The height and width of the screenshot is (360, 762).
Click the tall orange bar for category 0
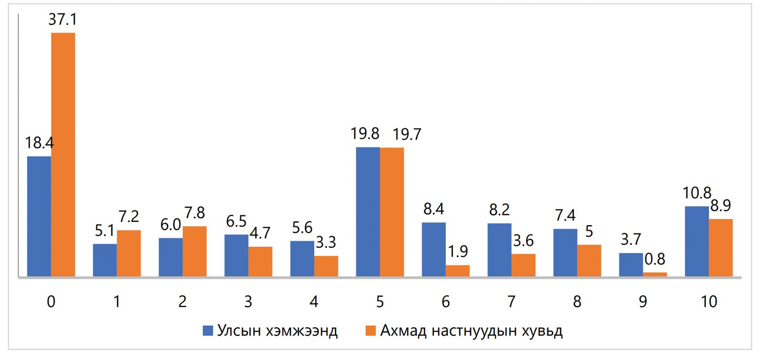(x=63, y=155)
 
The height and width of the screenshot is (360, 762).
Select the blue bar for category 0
(x=39, y=217)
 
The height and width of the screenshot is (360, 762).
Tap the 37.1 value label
(x=62, y=20)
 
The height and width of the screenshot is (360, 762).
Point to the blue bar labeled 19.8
(x=368, y=212)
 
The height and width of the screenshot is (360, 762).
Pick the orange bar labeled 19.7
(x=392, y=212)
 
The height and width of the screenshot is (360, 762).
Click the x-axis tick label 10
(x=709, y=301)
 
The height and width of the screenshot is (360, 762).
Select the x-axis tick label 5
(x=380, y=301)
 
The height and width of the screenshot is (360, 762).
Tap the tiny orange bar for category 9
(x=655, y=274)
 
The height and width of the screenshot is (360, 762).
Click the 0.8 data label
(x=655, y=260)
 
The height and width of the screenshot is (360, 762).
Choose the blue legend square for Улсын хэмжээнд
(x=208, y=331)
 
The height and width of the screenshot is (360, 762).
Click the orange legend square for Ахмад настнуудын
(x=371, y=331)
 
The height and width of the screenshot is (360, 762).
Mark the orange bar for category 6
(x=458, y=271)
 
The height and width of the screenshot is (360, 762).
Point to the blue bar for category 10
(x=697, y=241)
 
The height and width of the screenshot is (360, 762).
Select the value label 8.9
(x=721, y=206)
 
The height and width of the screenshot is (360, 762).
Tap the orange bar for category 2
(x=195, y=251)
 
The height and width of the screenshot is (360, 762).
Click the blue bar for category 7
(x=500, y=250)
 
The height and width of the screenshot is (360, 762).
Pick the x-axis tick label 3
(x=248, y=301)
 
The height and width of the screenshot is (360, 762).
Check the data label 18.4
(x=39, y=143)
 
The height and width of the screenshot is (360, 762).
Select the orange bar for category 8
(x=589, y=260)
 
